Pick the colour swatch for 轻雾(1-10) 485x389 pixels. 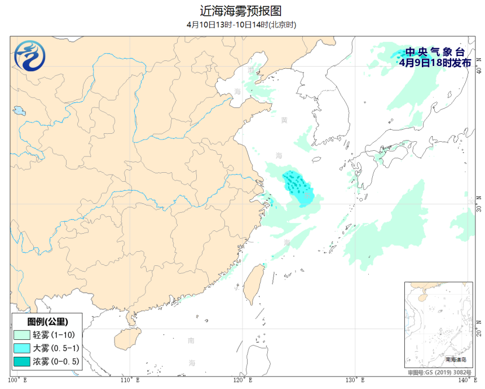coord(21,335)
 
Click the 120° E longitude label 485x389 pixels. coord(242,380)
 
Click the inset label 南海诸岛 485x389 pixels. coord(456,360)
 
